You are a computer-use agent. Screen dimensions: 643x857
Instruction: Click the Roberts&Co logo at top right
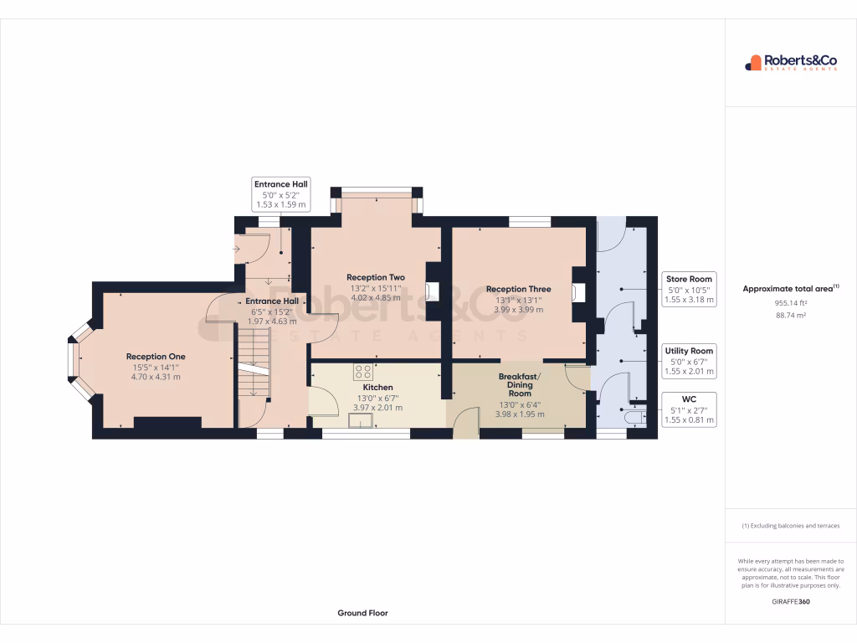(x=790, y=62)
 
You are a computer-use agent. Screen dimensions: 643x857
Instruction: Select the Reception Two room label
(x=376, y=277)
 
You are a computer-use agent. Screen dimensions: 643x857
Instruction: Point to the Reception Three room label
(x=518, y=289)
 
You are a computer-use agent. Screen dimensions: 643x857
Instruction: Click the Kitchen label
(x=377, y=388)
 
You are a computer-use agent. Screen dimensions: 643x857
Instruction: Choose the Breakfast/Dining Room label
(x=520, y=385)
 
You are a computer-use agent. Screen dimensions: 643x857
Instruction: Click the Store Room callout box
(x=689, y=289)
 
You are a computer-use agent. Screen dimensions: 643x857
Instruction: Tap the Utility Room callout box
(x=689, y=360)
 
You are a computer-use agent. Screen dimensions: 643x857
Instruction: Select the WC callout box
(x=689, y=409)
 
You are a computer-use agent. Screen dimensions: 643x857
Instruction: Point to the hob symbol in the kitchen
(x=362, y=372)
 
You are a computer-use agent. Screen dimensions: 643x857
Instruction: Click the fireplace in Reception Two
(x=431, y=291)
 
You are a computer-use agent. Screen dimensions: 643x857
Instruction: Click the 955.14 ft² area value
(x=790, y=303)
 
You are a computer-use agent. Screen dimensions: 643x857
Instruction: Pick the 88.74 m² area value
(x=790, y=316)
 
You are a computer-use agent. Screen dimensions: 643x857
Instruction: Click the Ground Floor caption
(x=362, y=613)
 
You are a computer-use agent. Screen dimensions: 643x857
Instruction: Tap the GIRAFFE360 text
(x=790, y=601)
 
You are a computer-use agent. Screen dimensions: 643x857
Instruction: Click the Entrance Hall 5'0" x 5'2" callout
(x=280, y=194)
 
